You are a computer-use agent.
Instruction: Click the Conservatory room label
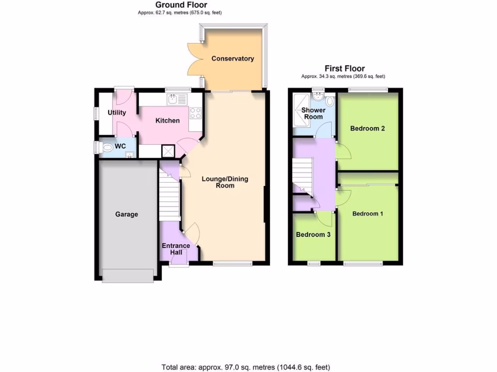tap(232, 59)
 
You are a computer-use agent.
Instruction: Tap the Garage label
tap(126, 214)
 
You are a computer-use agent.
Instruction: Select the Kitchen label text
tap(167, 121)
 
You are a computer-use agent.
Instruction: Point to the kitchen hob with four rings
tap(195, 113)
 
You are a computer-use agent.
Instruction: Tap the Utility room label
tap(117, 113)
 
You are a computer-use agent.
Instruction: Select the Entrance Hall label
tap(176, 249)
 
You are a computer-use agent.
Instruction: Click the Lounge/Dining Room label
tap(225, 182)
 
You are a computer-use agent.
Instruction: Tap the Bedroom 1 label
tap(368, 214)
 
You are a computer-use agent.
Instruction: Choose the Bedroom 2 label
tap(368, 128)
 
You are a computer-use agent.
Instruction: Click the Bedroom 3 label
tap(313, 234)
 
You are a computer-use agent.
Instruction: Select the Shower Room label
tap(313, 113)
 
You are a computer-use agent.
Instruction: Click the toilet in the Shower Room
tap(330, 101)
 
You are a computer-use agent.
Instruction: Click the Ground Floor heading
tap(181, 5)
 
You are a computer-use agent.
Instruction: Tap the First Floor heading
tap(345, 69)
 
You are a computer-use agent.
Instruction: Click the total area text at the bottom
tap(246, 367)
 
